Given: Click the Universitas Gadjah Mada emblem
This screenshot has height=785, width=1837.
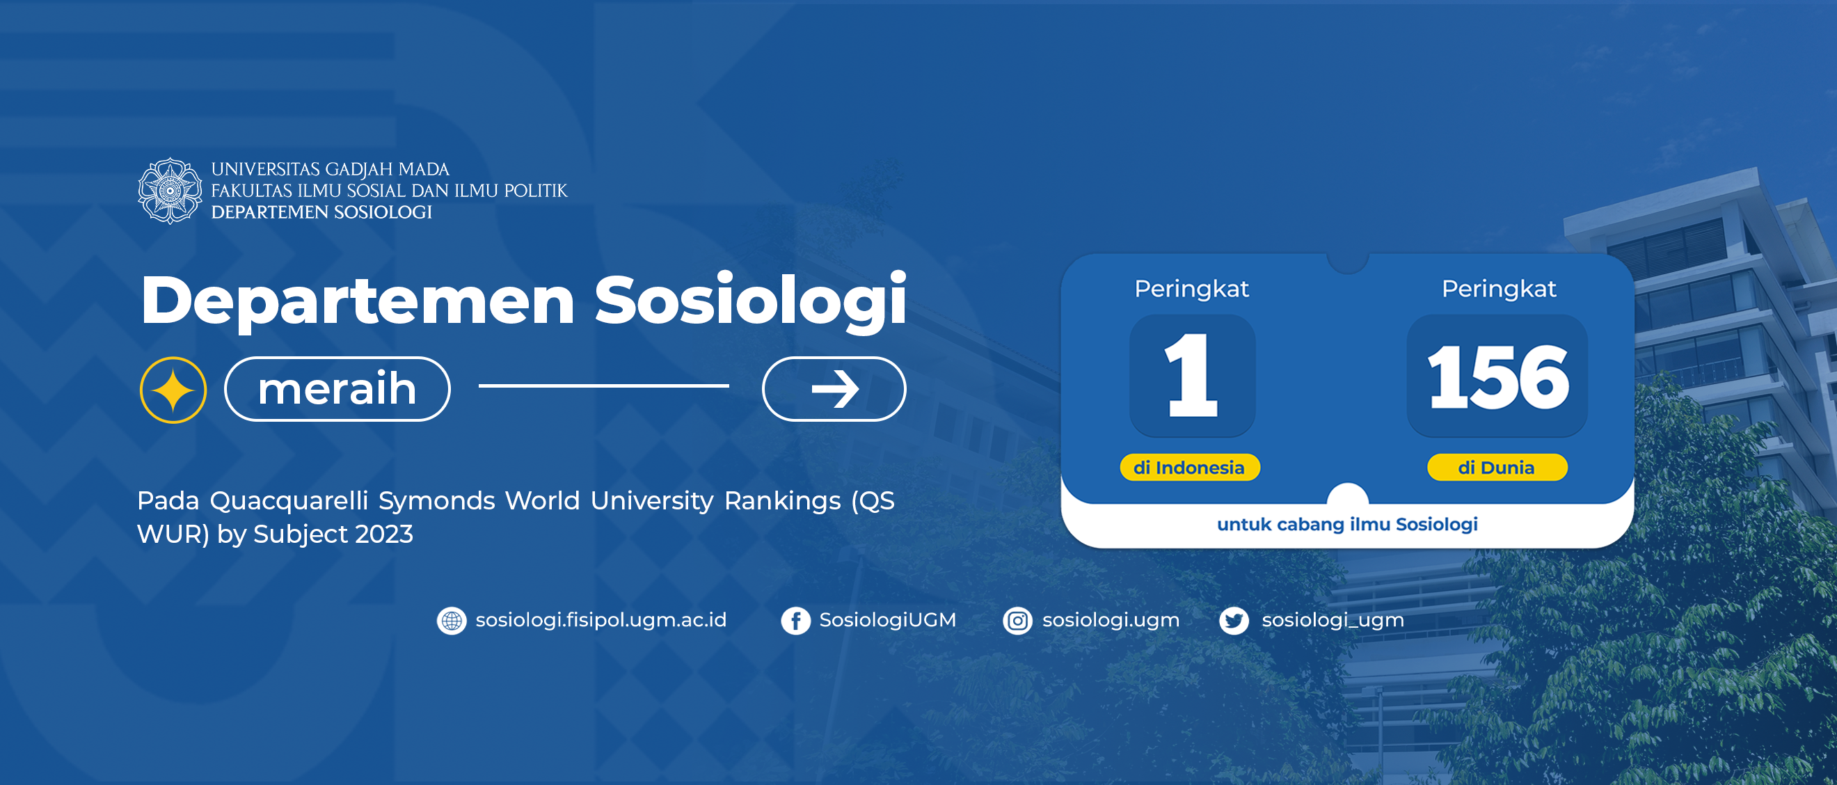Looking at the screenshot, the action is [x=170, y=191].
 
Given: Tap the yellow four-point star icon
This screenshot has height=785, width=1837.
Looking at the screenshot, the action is [x=173, y=390].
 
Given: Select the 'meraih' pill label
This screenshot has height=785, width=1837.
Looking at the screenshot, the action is [x=337, y=389].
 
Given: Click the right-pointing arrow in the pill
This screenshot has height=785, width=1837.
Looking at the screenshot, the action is [x=835, y=389].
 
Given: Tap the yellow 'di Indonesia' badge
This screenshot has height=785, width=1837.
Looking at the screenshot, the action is [x=1189, y=468].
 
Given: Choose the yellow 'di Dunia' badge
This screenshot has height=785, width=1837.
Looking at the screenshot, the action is [x=1497, y=468].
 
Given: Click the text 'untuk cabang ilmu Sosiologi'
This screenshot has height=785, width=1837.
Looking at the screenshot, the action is [x=1347, y=524].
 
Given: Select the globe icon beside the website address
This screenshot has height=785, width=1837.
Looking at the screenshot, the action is [x=452, y=621].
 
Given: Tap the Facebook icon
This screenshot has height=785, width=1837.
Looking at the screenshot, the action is [x=796, y=621].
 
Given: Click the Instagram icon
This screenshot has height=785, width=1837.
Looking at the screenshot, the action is [x=1017, y=621].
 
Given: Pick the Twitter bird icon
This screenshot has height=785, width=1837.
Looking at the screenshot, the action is [x=1234, y=621].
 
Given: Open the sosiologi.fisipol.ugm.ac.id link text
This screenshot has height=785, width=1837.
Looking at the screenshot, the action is [x=601, y=620].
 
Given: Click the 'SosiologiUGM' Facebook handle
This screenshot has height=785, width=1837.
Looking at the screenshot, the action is [x=888, y=620].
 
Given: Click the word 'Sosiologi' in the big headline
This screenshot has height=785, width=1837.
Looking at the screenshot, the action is [x=751, y=301].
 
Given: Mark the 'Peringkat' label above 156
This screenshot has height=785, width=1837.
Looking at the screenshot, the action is [x=1499, y=289].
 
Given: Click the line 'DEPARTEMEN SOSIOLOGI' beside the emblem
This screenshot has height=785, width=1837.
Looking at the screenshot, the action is [x=321, y=212].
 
